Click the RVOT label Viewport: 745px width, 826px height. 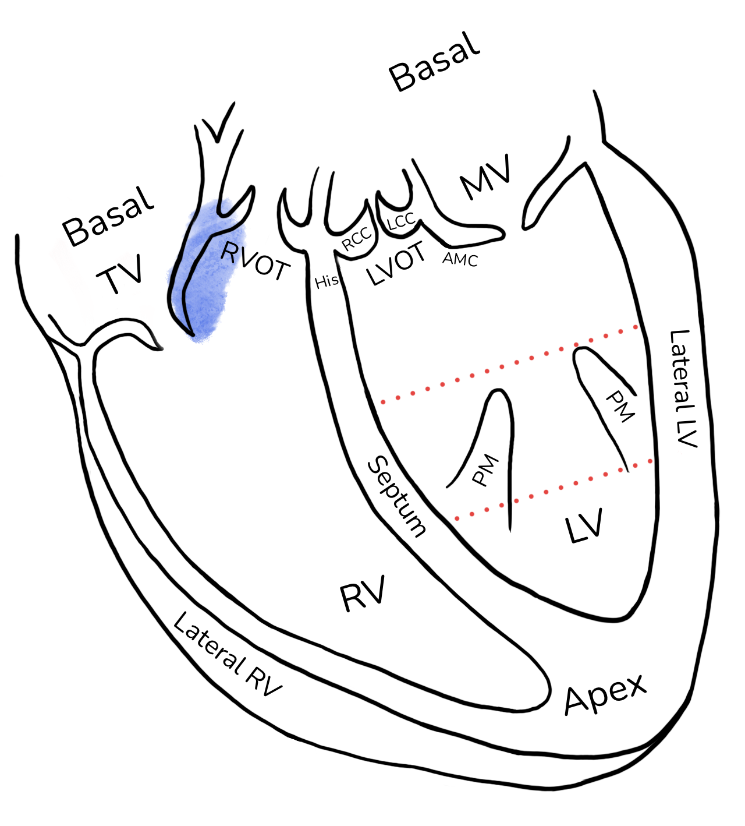(x=255, y=260)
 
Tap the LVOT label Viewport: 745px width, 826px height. (x=396, y=263)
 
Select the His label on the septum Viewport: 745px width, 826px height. (x=327, y=281)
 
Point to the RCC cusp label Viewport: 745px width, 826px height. (x=357, y=238)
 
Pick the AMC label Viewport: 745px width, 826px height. (x=460, y=259)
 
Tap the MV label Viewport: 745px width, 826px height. (x=485, y=177)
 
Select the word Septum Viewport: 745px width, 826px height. (x=396, y=496)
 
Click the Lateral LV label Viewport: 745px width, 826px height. (x=683, y=389)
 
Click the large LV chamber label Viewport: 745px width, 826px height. (x=584, y=525)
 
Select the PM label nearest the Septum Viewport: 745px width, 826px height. (x=485, y=470)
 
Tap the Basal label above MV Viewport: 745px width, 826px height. (x=435, y=61)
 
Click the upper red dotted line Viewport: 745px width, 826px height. (x=509, y=364)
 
